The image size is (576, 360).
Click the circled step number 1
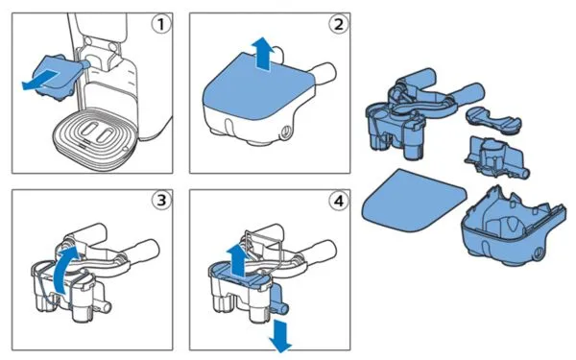click(x=161, y=24)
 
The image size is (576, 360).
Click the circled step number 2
click(x=338, y=24)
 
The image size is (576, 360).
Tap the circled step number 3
click(x=161, y=201)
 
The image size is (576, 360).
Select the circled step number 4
click(x=338, y=201)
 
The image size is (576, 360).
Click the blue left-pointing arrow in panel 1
click(x=40, y=81)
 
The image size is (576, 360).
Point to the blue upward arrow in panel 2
click(x=263, y=53)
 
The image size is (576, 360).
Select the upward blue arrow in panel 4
click(x=236, y=260)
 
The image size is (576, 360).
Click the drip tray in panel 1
click(x=95, y=137)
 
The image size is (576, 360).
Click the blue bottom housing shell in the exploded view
click(x=513, y=227)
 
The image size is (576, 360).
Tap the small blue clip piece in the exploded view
click(x=493, y=118)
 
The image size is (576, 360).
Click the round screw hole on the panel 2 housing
click(x=285, y=132)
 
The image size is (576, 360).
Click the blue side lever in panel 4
click(x=277, y=298)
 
